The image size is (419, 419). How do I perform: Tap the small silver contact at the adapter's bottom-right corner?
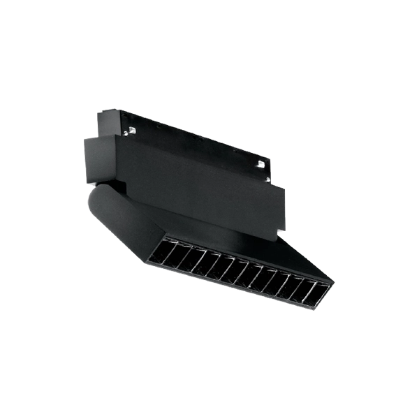[x=281, y=231]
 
